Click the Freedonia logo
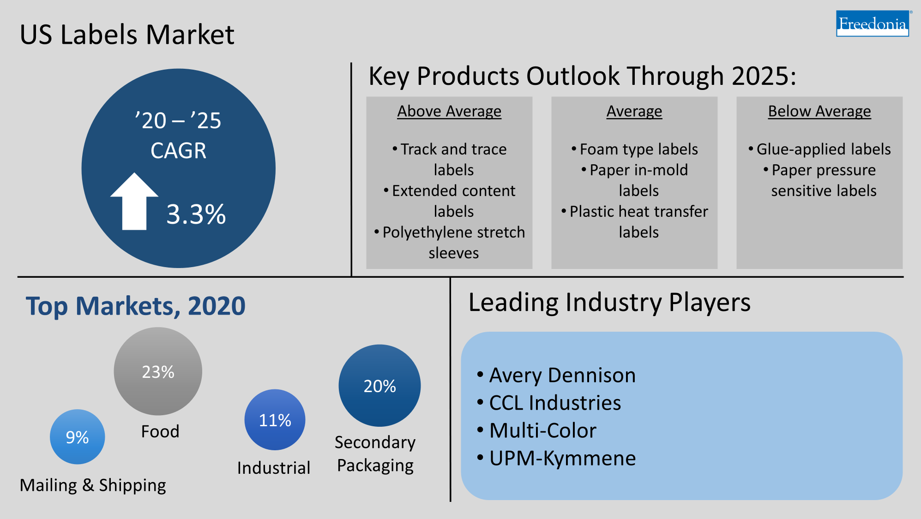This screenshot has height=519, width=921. coord(872,24)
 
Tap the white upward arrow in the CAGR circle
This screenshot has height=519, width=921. coord(134,203)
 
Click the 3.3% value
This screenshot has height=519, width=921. coord(196,215)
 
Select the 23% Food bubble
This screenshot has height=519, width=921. coord(158,371)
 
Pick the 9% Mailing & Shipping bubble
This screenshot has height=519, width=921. coord(77,437)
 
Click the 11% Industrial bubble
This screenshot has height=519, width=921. coord(275,420)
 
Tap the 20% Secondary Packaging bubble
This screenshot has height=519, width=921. coord(379,386)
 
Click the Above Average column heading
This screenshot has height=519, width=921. coord(449,111)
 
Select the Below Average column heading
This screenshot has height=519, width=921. coord(819,111)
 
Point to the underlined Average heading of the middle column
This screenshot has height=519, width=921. coord(634,111)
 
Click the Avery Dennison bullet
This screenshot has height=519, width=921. coord(562,375)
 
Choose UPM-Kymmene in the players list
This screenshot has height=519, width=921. coord(562,458)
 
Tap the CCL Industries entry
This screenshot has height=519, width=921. coord(554,403)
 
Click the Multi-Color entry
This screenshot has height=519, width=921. coord(542,430)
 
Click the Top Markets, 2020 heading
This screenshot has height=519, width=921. coord(135,306)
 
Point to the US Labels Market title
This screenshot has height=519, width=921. coord(127,35)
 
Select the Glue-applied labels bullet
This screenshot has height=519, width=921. coord(823,149)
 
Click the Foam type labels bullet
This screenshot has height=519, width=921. coord(638,149)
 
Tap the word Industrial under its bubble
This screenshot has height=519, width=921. coord(273,468)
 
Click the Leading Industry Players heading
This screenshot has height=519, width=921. coord(609,303)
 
